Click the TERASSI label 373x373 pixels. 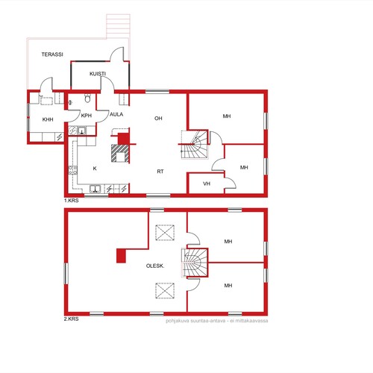point(52,54)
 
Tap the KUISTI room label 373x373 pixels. point(98,74)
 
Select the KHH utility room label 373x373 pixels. point(48,119)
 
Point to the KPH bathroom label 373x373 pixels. point(87,116)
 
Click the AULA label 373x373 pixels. point(116,114)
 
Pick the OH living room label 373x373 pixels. point(158,119)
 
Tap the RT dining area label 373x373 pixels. point(160,172)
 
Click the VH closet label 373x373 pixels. point(207,184)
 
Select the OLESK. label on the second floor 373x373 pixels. point(155,266)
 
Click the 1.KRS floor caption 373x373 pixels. point(72,201)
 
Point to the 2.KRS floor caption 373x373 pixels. point(72,319)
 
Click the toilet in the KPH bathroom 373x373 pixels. point(87,98)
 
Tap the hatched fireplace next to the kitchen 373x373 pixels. point(120,153)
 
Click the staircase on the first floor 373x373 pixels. point(194,144)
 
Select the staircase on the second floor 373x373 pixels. point(195,263)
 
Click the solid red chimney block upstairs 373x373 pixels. point(121,256)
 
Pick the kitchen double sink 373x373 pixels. point(95,189)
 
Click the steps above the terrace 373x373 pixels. point(118,26)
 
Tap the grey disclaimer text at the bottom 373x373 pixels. point(217,321)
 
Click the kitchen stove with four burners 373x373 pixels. point(72,170)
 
